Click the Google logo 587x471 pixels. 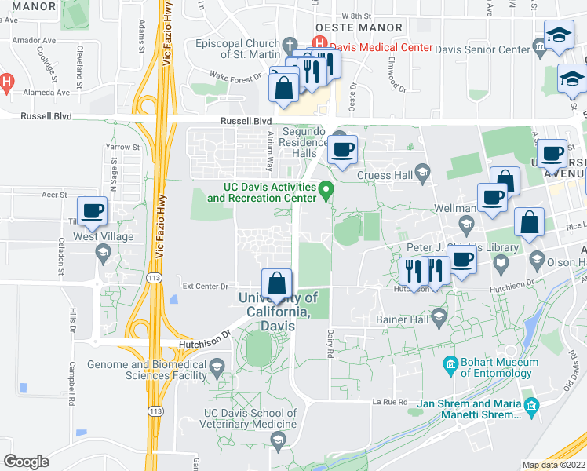[x=26, y=462]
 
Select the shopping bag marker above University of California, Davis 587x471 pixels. [x=276, y=283]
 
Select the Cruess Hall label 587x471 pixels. [x=384, y=175]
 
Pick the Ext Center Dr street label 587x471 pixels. [x=205, y=287]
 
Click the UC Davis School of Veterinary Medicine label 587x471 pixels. [x=250, y=419]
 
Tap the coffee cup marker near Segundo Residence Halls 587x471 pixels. [x=341, y=150]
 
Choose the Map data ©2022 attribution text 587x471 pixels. [x=554, y=465]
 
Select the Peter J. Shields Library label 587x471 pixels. [x=463, y=248]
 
